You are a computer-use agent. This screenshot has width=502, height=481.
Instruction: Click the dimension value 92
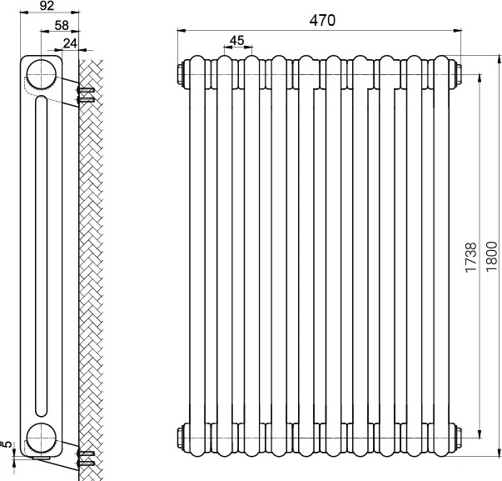[47, 6]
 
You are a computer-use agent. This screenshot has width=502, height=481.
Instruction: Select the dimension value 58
[62, 25]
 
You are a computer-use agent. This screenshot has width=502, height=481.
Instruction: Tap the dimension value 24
[70, 43]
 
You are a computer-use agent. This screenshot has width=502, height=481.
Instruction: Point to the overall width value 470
[322, 20]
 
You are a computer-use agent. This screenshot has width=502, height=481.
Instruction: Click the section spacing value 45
[237, 40]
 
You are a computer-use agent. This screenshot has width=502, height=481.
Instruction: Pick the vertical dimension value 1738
[471, 258]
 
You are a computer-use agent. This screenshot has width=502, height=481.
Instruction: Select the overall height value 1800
[492, 257]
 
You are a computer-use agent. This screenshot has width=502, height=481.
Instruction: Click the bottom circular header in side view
[42, 438]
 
